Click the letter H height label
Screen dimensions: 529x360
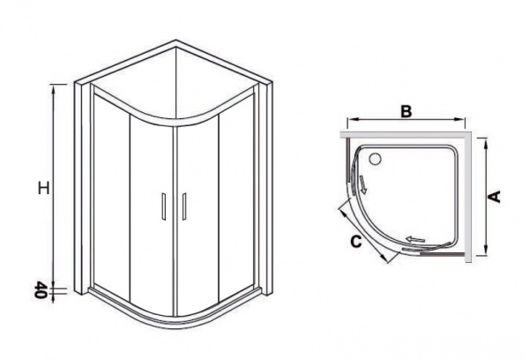(43, 188)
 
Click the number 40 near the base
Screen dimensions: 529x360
(40, 289)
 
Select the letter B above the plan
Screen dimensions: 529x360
(406, 111)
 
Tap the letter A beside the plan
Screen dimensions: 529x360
(495, 196)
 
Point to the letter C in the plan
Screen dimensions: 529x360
(356, 242)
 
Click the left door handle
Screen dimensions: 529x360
(164, 206)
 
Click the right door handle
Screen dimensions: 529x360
(184, 206)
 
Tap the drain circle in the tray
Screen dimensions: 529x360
(375, 159)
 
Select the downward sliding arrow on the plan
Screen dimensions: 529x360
(362, 184)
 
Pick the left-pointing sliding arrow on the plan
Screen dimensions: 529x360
(415, 239)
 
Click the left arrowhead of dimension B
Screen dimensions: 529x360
(352, 119)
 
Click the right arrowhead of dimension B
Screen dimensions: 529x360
(460, 119)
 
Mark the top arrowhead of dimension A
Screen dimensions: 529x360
(486, 143)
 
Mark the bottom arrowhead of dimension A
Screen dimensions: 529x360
(486, 251)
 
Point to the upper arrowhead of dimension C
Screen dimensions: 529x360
(342, 213)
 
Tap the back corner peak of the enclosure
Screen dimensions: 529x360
(175, 41)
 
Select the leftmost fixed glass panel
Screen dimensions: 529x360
(112, 194)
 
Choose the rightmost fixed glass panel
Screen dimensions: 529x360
(236, 196)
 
